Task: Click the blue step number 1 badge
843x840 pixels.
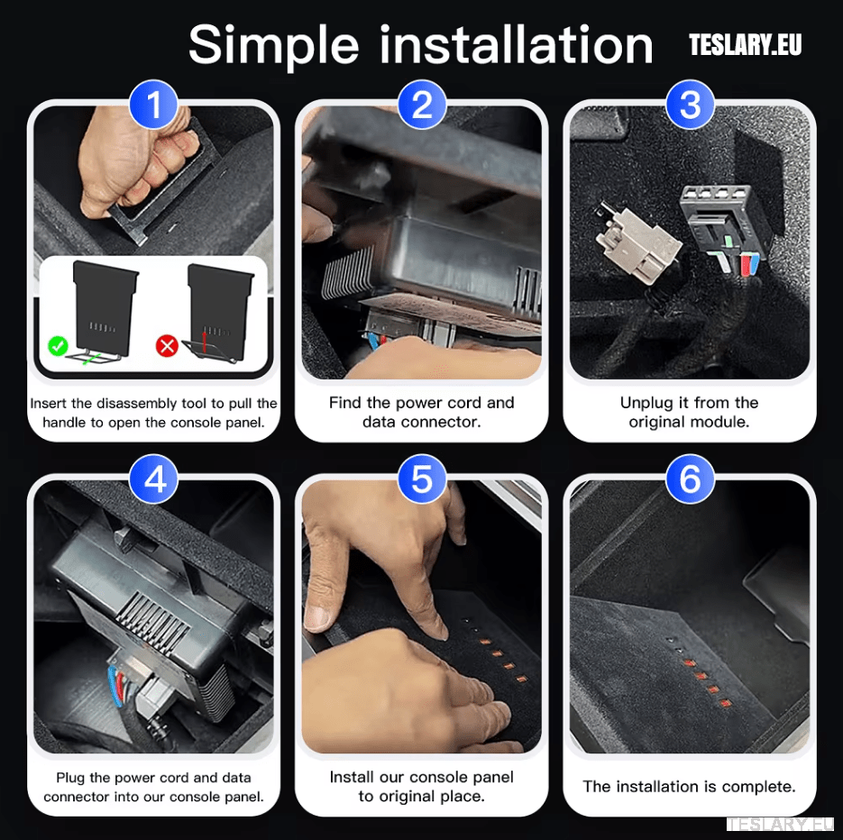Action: pos(153,105)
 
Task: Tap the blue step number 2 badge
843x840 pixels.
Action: pos(421,105)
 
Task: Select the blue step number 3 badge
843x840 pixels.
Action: pos(690,105)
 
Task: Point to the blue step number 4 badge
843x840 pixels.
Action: pos(153,479)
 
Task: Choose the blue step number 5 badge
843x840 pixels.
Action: pos(421,479)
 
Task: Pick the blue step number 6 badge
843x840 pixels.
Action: pos(690,479)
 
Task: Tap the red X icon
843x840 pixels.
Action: pos(167,344)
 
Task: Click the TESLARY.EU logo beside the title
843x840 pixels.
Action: pos(745,45)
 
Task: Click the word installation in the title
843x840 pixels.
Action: pos(516,44)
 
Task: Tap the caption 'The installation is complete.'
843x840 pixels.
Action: pos(689,786)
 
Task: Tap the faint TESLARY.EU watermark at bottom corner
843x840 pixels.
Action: pos(780,825)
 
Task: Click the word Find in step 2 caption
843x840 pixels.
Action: pos(346,403)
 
